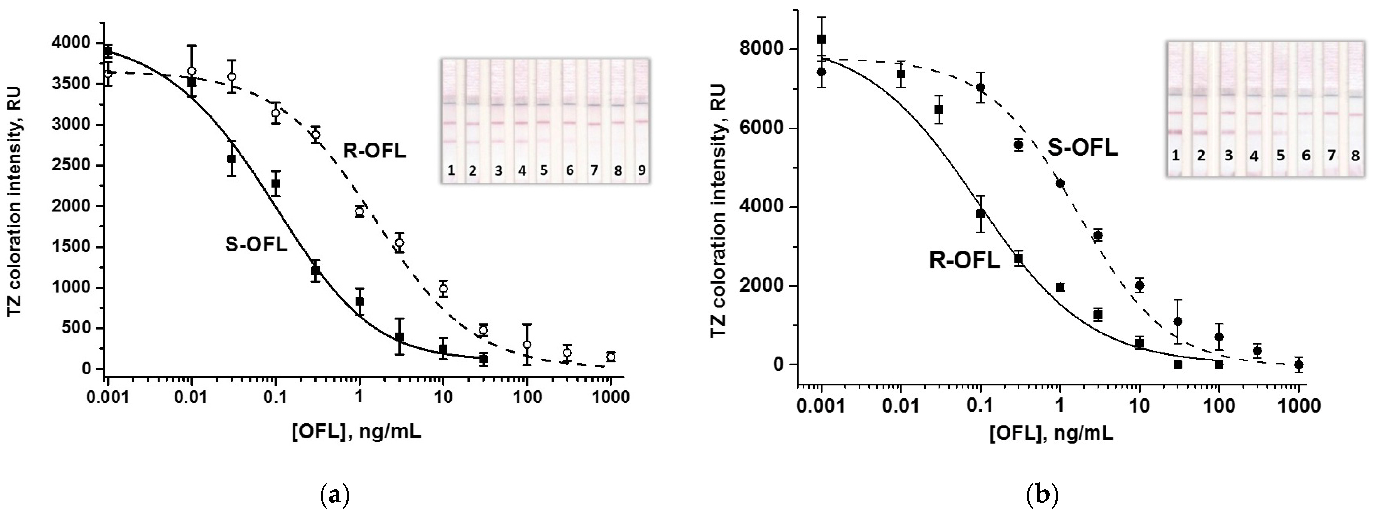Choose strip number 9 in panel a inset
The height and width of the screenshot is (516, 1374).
642,170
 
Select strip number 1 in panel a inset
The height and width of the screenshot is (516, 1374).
451,170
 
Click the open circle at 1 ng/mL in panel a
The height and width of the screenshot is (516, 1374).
360,211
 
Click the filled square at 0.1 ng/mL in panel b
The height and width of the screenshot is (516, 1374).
980,213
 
